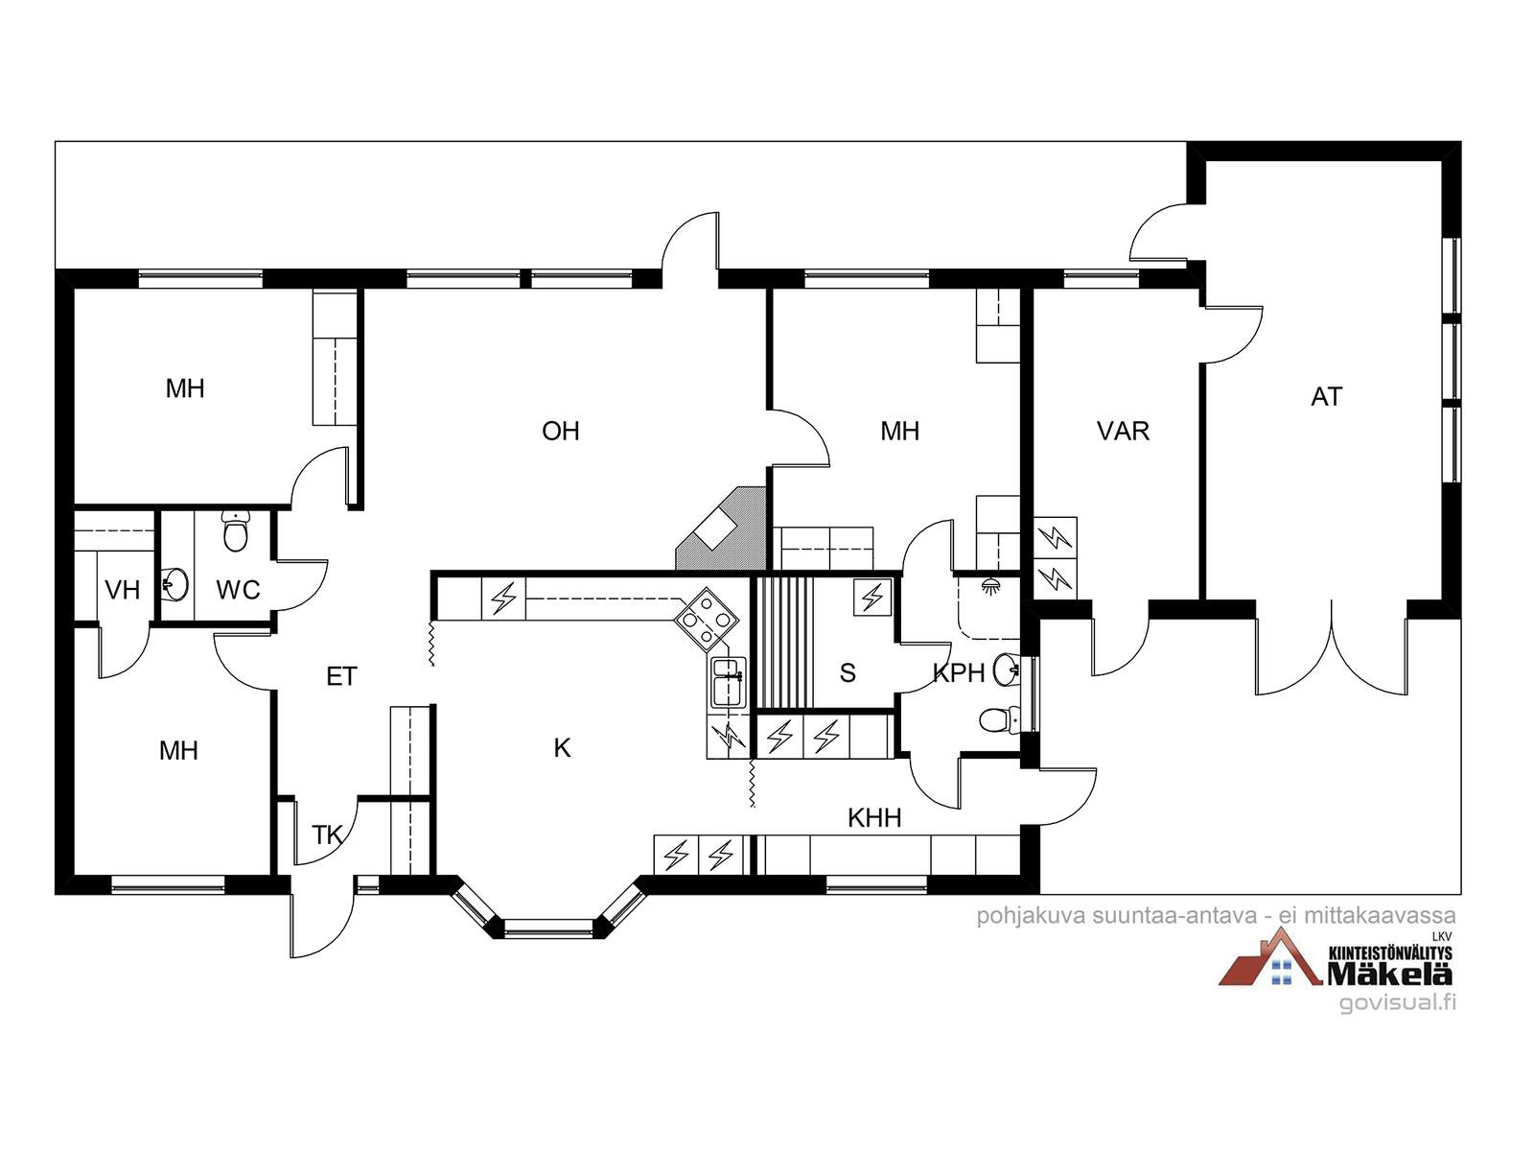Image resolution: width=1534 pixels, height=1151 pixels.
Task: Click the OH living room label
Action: pyautogui.click(x=561, y=432)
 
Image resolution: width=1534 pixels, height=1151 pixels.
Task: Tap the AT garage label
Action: pyautogui.click(x=1327, y=396)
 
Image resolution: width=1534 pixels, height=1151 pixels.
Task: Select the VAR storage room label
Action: pyautogui.click(x=1123, y=432)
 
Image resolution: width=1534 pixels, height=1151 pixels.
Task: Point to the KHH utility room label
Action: pyautogui.click(x=874, y=818)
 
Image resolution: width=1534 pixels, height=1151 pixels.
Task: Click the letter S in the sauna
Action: pyautogui.click(x=848, y=673)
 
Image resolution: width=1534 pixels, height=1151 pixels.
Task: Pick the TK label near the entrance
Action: pyautogui.click(x=327, y=835)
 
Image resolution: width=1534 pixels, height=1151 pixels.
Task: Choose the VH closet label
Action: pyautogui.click(x=122, y=590)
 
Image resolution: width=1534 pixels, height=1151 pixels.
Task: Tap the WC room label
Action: pyautogui.click(x=238, y=590)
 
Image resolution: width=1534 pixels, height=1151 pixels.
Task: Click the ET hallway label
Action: pyautogui.click(x=341, y=677)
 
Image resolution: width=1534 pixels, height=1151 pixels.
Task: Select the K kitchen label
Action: pyautogui.click(x=563, y=748)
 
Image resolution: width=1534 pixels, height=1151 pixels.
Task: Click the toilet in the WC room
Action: pyautogui.click(x=236, y=530)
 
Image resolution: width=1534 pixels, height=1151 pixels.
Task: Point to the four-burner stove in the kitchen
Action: pyautogui.click(x=707, y=619)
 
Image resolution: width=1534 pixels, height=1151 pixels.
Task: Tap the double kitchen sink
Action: pyautogui.click(x=728, y=682)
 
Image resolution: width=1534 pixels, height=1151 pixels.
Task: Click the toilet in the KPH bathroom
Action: pyautogui.click(x=1000, y=718)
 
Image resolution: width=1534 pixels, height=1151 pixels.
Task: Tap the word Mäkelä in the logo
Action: pyautogui.click(x=1389, y=974)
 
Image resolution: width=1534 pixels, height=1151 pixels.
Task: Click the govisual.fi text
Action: pyautogui.click(x=1397, y=1003)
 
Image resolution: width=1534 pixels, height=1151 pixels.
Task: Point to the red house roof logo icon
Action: pyautogui.click(x=1267, y=959)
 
